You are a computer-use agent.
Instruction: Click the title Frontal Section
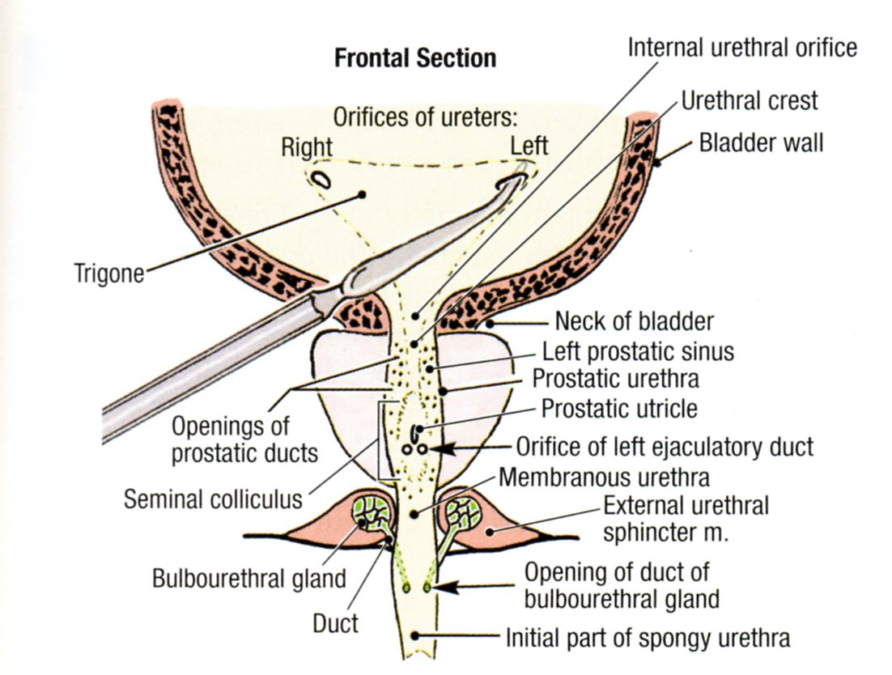click(415, 58)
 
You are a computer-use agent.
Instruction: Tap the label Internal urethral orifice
click(741, 47)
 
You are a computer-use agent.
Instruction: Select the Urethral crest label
click(749, 100)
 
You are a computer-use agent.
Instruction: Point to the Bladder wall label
click(761, 143)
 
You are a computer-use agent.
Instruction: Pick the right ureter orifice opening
click(321, 178)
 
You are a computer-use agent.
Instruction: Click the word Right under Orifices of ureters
click(307, 147)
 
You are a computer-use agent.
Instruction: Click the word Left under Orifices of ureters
click(529, 146)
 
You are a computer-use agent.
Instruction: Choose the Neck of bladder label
click(634, 321)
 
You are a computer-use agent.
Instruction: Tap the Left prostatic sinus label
click(638, 352)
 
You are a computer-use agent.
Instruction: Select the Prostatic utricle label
click(618, 409)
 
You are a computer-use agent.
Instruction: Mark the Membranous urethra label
click(604, 477)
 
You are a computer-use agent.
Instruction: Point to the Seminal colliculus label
click(212, 499)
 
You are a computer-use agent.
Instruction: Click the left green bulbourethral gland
click(374, 514)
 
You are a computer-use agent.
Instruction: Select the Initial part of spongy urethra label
click(648, 638)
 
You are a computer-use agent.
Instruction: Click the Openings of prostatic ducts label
click(244, 439)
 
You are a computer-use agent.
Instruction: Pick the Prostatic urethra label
click(615, 379)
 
